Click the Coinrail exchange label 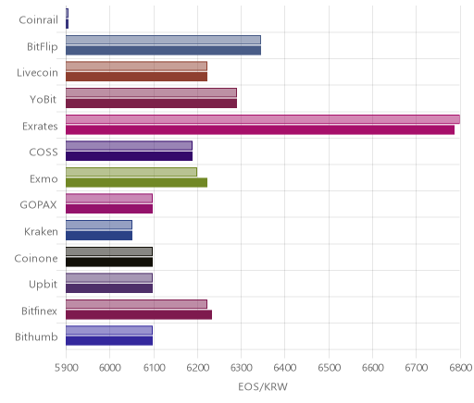click(38, 20)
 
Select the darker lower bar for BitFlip click(163, 50)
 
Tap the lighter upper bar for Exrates click(263, 119)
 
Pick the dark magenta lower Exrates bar click(260, 130)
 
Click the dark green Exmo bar click(136, 183)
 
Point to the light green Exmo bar click(131, 172)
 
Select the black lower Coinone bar click(109, 263)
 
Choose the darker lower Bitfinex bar click(139, 315)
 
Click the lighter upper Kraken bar click(99, 225)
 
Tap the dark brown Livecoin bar click(136, 77)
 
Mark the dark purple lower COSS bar click(129, 156)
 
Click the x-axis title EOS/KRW click(263, 386)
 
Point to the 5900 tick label click(66, 368)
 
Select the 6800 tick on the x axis click(460, 368)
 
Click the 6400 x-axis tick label click(285, 368)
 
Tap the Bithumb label click(36, 337)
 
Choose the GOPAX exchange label click(38, 205)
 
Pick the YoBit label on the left click(44, 100)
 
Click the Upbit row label click(43, 285)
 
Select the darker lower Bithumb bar click(109, 341)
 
